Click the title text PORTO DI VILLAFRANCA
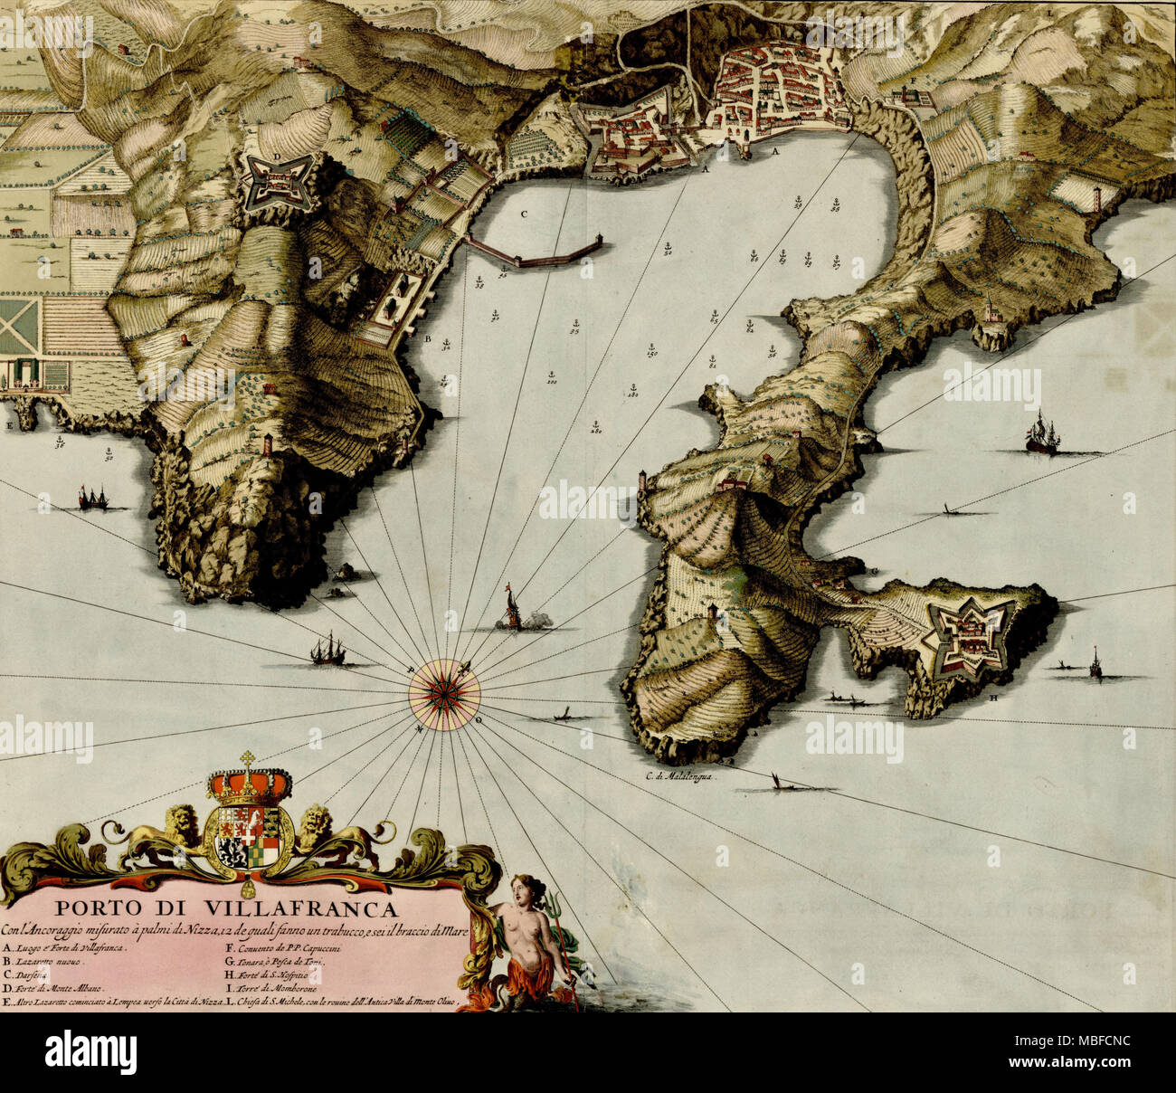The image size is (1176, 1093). (223, 908)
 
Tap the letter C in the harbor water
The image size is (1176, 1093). (523, 215)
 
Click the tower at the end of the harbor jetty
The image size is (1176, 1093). (598, 244)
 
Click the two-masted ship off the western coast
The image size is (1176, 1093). (92, 496)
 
